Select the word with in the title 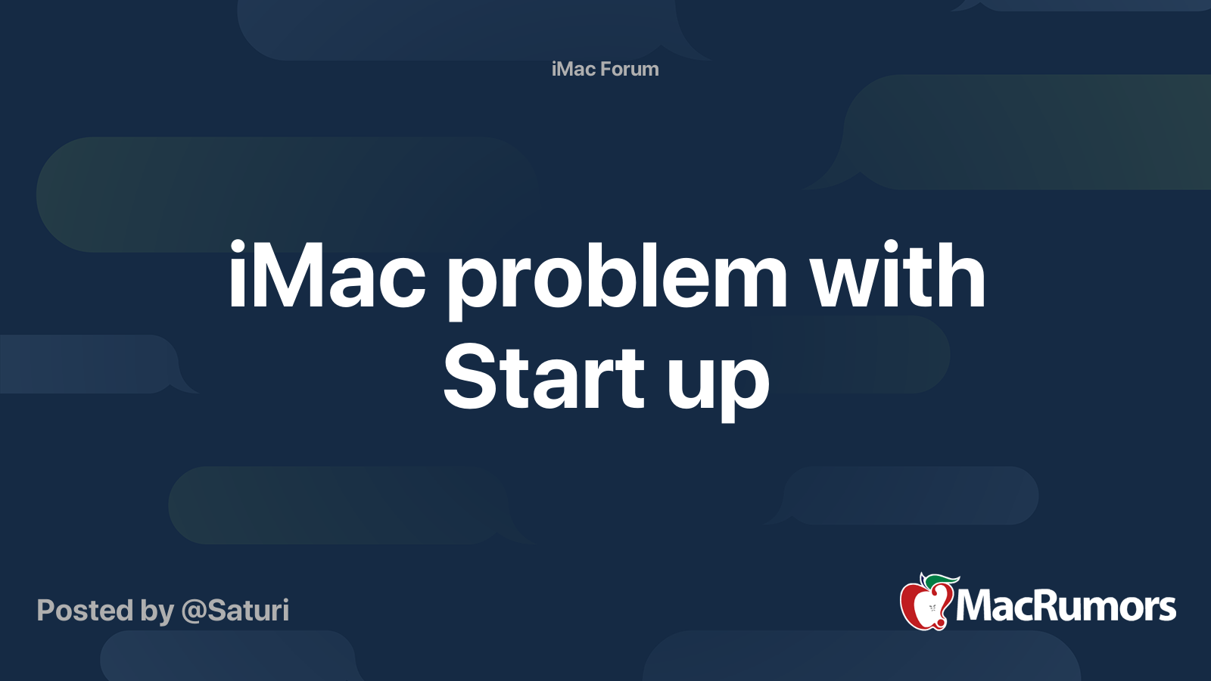click(x=898, y=277)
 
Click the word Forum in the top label click(x=630, y=69)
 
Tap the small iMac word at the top click(x=574, y=69)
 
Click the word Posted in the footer click(x=85, y=611)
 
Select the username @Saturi click(x=235, y=611)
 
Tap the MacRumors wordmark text click(x=1066, y=606)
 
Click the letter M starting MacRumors click(x=973, y=606)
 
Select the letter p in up click(x=746, y=386)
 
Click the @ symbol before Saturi click(x=193, y=611)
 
